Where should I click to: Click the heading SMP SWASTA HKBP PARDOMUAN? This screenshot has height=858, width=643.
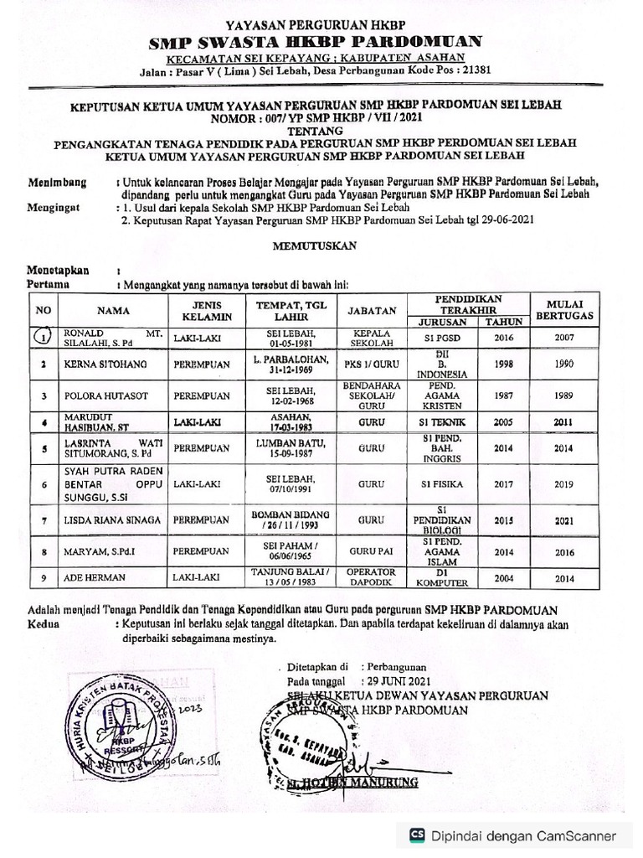click(315, 42)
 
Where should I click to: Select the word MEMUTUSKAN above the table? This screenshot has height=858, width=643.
click(315, 246)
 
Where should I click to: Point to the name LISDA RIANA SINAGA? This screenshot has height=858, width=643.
click(112, 520)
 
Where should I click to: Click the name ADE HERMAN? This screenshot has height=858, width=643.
click(92, 577)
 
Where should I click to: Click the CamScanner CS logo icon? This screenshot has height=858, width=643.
click(416, 835)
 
